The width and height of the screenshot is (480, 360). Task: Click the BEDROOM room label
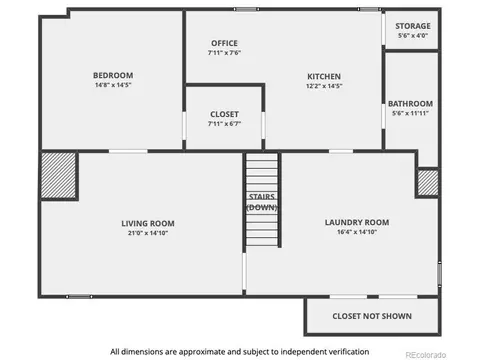[x=113, y=75]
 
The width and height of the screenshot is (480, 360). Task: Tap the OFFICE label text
[x=224, y=43]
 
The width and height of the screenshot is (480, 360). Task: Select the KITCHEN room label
[x=324, y=77]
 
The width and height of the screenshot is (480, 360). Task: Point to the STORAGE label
[x=413, y=26]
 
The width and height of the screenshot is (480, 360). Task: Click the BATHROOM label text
[x=410, y=104]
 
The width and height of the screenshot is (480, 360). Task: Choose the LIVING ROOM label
[x=148, y=223]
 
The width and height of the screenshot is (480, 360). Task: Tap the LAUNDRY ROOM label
[x=357, y=222]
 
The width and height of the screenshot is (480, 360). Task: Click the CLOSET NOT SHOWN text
[x=372, y=316]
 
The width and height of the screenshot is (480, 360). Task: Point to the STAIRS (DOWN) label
[x=262, y=202]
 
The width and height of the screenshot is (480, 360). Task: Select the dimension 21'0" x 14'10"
[x=148, y=233]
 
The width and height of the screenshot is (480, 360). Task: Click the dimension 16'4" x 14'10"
[x=357, y=232]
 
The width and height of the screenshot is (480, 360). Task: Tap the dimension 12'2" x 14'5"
[x=324, y=86]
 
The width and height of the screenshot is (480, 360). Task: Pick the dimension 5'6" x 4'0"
[x=413, y=35]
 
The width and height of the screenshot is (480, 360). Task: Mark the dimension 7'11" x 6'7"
[x=224, y=124]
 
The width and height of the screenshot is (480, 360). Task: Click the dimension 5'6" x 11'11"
[x=410, y=113]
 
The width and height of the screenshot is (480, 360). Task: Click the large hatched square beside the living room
[x=59, y=175]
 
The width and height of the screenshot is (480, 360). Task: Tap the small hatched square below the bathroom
[x=428, y=183]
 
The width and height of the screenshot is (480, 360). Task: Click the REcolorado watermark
[x=425, y=355]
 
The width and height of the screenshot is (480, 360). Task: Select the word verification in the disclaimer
[x=349, y=352]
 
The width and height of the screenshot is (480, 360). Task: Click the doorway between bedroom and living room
[x=128, y=151]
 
